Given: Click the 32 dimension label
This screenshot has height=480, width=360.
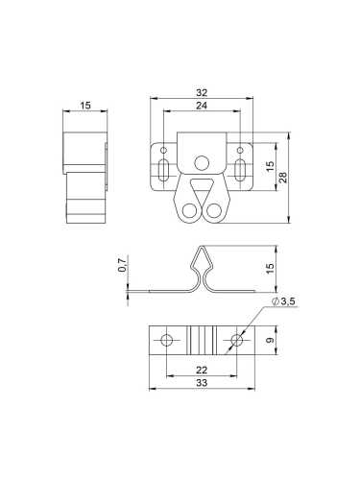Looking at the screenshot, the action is pyautogui.click(x=202, y=92).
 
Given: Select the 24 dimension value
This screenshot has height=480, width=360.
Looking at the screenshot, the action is pyautogui.click(x=202, y=106).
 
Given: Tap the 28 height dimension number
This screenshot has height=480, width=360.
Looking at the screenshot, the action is pyautogui.click(x=283, y=177).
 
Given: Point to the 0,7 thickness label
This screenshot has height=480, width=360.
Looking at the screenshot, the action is pyautogui.click(x=123, y=265).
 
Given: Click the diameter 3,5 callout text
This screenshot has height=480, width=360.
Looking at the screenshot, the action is pyautogui.click(x=283, y=301).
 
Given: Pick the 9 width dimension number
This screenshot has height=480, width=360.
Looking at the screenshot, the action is pyautogui.click(x=271, y=340).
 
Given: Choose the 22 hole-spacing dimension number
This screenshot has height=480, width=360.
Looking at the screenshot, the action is pyautogui.click(x=202, y=370).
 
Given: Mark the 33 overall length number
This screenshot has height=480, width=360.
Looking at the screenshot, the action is pyautogui.click(x=202, y=383).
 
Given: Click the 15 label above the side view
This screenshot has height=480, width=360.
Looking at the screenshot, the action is pyautogui.click(x=85, y=105).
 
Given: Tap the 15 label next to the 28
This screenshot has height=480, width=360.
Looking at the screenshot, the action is pyautogui.click(x=271, y=166).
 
